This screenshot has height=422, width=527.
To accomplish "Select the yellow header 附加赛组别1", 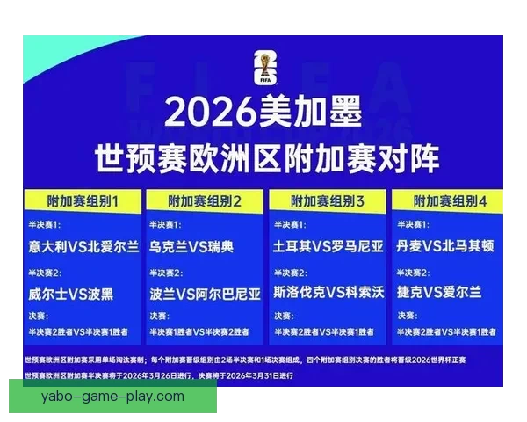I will click(x=83, y=201).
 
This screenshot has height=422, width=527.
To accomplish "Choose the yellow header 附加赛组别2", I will click(x=205, y=201).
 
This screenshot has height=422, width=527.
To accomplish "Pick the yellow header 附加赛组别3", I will click(x=328, y=201).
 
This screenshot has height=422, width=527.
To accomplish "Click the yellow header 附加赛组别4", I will click(x=449, y=201).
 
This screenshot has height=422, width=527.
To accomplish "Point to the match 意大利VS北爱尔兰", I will click(x=83, y=246).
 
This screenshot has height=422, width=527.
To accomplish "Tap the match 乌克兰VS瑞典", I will click(x=191, y=246).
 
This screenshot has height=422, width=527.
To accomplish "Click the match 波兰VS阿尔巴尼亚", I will click(x=205, y=291).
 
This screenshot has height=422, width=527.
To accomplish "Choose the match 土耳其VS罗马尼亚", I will click(x=328, y=246).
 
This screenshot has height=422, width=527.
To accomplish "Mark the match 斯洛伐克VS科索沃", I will click(x=328, y=291).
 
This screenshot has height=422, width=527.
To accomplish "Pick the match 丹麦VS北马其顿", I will click(x=450, y=246).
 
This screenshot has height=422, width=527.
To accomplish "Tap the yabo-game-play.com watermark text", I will click(x=112, y=397).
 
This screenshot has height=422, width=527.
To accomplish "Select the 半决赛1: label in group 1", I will click(x=45, y=226).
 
